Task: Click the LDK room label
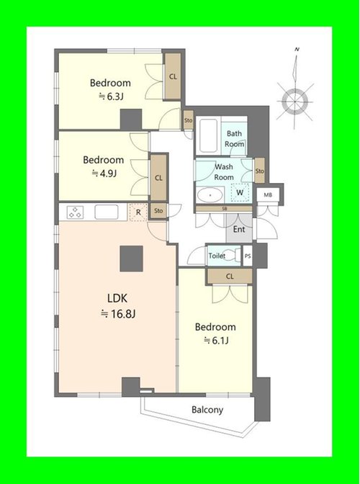point(117,298)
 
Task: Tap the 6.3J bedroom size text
point(112,97)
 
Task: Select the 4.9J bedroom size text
point(104,174)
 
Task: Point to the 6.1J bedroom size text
point(216,341)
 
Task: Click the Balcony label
point(207,410)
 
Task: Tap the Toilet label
point(217,256)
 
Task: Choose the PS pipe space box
point(248,256)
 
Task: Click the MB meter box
point(268,195)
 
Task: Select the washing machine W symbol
point(240,192)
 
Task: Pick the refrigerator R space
point(138,212)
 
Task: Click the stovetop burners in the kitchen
point(76,212)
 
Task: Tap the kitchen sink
point(107,212)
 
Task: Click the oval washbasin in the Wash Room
point(210,195)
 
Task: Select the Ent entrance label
point(239,229)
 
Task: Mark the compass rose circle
point(295,101)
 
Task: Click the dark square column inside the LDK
point(132,259)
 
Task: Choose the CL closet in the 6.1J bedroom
point(230,277)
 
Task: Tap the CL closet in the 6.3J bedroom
point(173,76)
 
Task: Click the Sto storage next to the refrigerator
point(158,211)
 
